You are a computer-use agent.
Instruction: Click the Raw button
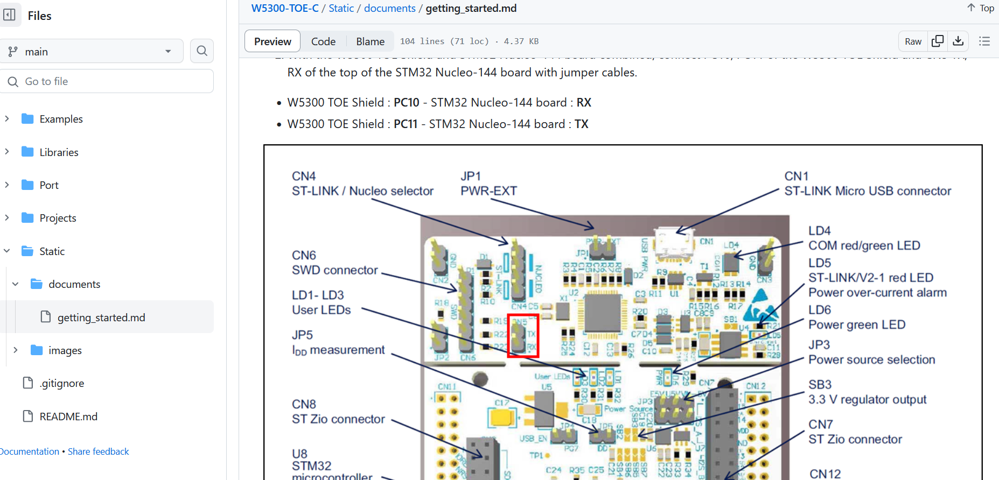click(913, 41)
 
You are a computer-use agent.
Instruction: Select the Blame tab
click(370, 41)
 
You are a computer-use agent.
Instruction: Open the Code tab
click(323, 41)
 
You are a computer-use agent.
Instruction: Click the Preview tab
click(273, 41)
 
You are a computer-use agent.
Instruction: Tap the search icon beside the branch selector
click(202, 51)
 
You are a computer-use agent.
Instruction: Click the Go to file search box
click(108, 81)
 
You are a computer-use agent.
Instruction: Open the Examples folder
click(61, 119)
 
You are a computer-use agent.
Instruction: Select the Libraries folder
click(59, 152)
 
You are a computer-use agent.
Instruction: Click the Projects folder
click(58, 218)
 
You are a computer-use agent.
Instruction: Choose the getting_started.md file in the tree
click(101, 317)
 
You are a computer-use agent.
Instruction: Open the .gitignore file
click(62, 383)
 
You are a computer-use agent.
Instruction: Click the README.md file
click(68, 417)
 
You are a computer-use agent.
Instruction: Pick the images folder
click(65, 350)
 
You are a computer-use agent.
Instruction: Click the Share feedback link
click(98, 451)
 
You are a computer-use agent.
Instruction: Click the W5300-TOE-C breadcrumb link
click(285, 8)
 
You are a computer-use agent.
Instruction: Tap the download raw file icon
click(958, 41)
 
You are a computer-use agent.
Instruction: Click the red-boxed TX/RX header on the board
click(522, 336)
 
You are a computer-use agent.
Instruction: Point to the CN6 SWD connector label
click(334, 263)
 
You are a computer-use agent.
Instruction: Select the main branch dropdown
click(92, 51)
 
